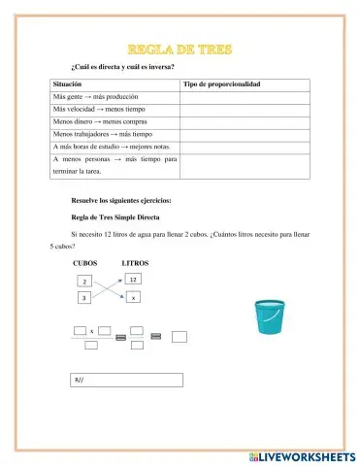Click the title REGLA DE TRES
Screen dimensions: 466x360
[x=180, y=49]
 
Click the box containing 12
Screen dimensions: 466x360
[x=134, y=280]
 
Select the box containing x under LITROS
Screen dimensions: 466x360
[x=134, y=297]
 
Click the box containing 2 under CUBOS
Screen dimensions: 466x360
[x=85, y=282]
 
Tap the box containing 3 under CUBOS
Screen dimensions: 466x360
[x=85, y=298]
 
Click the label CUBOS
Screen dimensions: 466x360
[x=84, y=263]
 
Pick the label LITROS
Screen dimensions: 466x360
[x=135, y=263]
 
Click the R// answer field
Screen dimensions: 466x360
[x=126, y=381]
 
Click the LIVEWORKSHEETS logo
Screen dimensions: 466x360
[x=301, y=455]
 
